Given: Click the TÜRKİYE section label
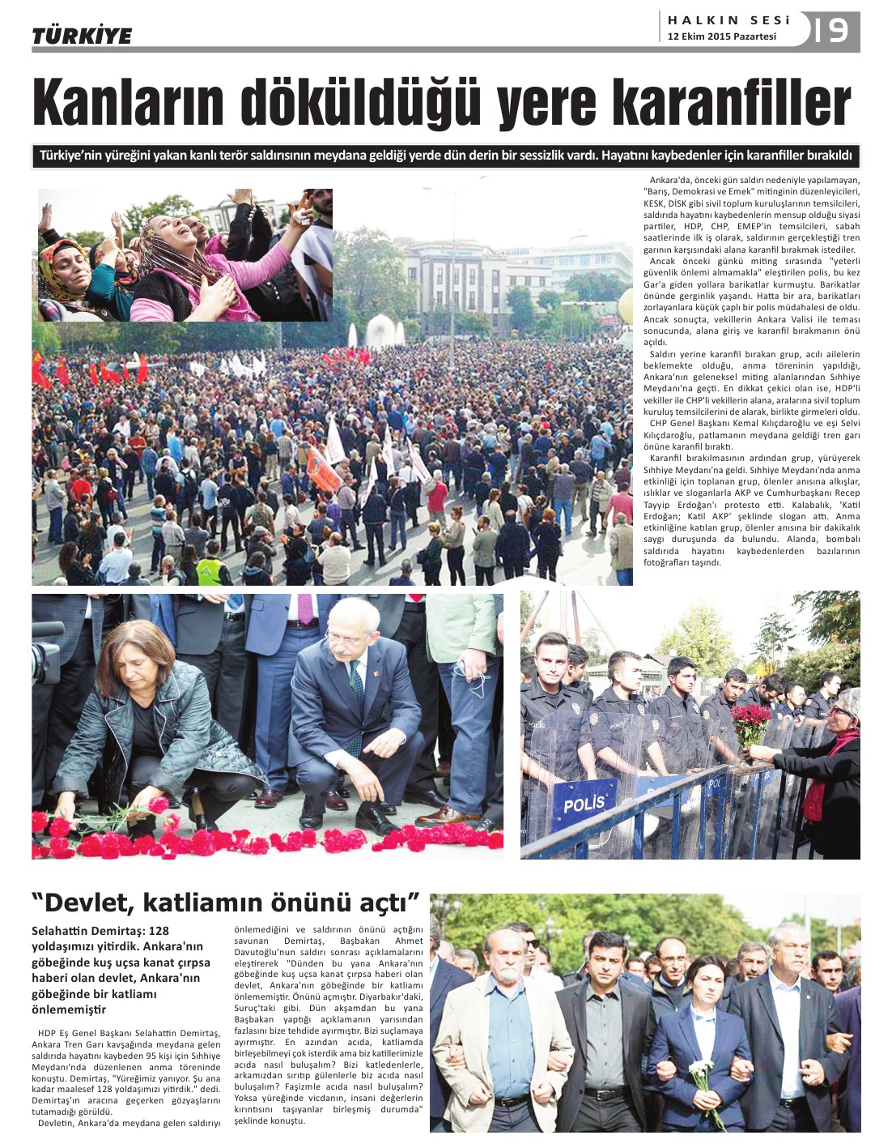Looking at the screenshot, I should tap(82, 36).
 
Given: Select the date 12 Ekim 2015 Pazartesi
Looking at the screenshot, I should tap(721, 36).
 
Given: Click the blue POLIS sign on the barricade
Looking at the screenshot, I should tap(584, 804).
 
